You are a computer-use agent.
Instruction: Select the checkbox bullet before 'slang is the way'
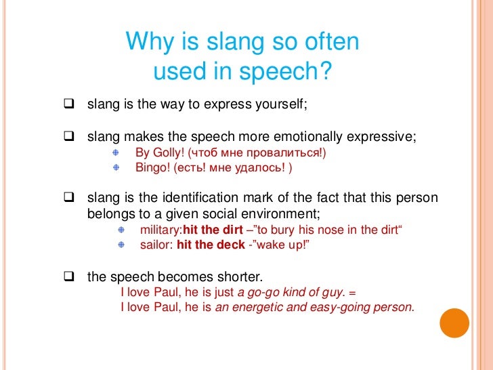(68, 105)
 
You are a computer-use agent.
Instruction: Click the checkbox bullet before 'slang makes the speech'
(68, 136)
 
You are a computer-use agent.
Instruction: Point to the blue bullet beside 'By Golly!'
(116, 152)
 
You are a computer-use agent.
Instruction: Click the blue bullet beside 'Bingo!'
(116, 166)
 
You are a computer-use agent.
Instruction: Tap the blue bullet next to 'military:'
(121, 230)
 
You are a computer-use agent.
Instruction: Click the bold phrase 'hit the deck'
(211, 245)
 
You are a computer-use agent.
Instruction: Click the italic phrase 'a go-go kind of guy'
(292, 293)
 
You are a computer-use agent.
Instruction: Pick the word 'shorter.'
(240, 277)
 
